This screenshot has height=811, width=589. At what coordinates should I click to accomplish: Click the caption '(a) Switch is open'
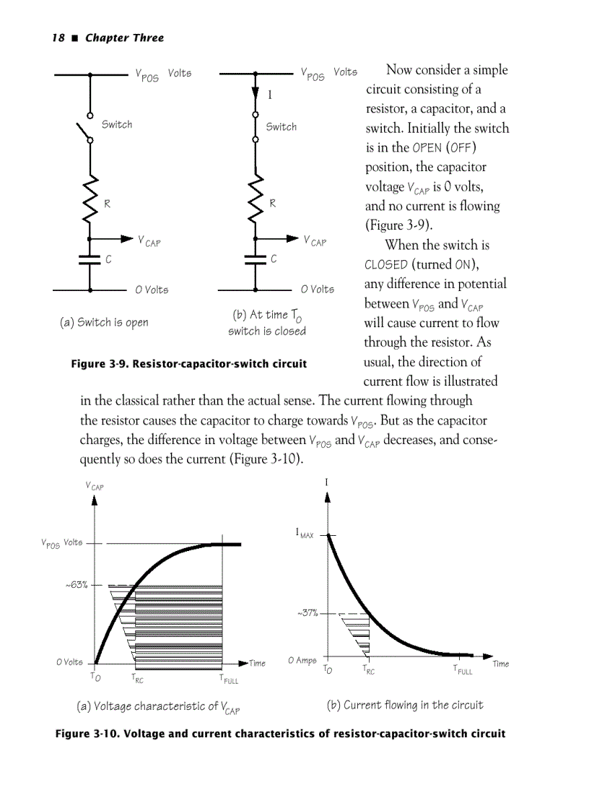(x=104, y=322)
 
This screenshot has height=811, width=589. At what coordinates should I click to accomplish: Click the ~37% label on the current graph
(x=307, y=614)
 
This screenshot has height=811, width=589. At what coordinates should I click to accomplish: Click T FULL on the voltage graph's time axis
(x=228, y=679)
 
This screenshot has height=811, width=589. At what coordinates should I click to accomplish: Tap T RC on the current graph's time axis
(x=368, y=670)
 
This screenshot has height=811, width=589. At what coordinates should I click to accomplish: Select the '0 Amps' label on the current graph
(x=302, y=660)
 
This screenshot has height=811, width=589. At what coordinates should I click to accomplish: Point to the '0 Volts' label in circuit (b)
(x=318, y=290)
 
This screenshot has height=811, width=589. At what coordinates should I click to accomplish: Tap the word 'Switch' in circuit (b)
(x=282, y=127)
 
